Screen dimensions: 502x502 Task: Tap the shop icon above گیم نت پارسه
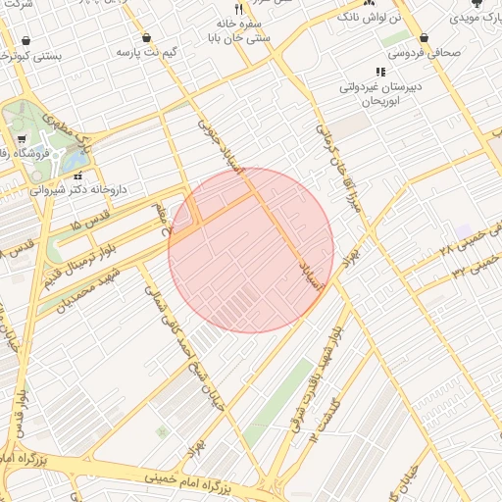(x=147, y=37)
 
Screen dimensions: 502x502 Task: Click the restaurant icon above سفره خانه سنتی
(x=237, y=9)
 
